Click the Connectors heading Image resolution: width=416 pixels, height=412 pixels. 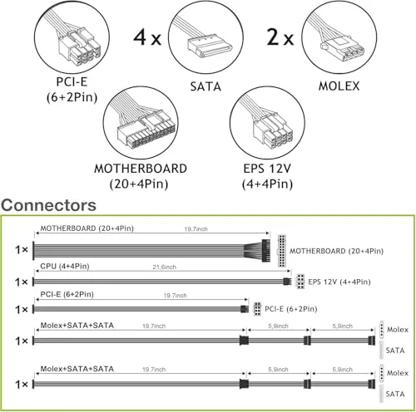pos(48,205)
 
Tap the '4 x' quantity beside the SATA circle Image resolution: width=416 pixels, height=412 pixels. pos(147,37)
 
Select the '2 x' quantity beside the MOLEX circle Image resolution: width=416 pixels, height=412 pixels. pos(280,37)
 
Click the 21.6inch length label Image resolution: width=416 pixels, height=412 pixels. pos(164,267)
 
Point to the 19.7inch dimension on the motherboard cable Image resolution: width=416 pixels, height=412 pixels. pos(196,229)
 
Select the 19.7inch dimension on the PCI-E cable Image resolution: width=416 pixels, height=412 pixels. pos(175,296)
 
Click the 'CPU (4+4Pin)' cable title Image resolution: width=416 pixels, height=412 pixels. pos(65,267)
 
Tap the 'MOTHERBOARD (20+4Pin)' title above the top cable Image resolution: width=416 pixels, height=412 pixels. pos(87,228)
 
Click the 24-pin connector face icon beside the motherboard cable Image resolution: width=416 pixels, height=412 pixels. pos(282,251)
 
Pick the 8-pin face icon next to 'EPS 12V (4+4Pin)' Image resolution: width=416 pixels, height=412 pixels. pos(300,282)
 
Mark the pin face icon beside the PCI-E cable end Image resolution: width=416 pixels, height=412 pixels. pos(257,309)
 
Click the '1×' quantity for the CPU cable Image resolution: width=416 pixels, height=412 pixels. pos(22,282)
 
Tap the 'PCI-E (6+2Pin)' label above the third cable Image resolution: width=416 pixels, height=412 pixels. pos(67,294)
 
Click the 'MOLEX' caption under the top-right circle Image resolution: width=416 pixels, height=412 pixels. pos(339,86)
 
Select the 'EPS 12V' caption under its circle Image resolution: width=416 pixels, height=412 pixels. pos(267,169)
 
